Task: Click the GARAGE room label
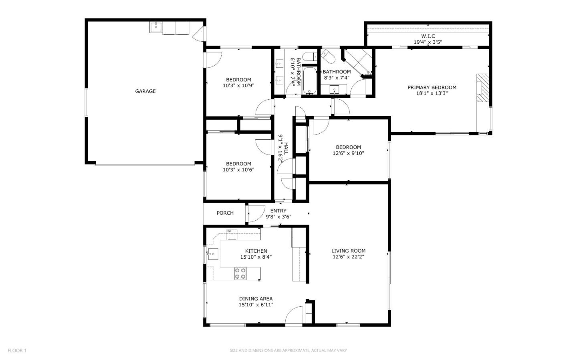pyautogui.click(x=145, y=91)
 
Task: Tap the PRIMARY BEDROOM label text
pyautogui.click(x=432, y=88)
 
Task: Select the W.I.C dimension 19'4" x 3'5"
pyautogui.click(x=428, y=42)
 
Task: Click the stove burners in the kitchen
pyautogui.click(x=240, y=274)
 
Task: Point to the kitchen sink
pyautogui.click(x=212, y=253)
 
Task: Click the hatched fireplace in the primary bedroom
pyautogui.click(x=483, y=89)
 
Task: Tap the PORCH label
pyautogui.click(x=225, y=213)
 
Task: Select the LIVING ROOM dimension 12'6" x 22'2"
pyautogui.click(x=348, y=257)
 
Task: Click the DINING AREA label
pyautogui.click(x=256, y=299)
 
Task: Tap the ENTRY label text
pyautogui.click(x=278, y=211)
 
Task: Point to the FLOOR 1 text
pyautogui.click(x=17, y=351)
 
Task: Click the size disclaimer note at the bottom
pyautogui.click(x=288, y=351)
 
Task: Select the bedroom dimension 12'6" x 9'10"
pyautogui.click(x=348, y=153)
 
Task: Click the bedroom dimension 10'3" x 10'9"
pyautogui.click(x=238, y=86)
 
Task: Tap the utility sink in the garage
pyautogui.click(x=155, y=27)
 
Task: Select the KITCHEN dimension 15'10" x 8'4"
pyautogui.click(x=256, y=257)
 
